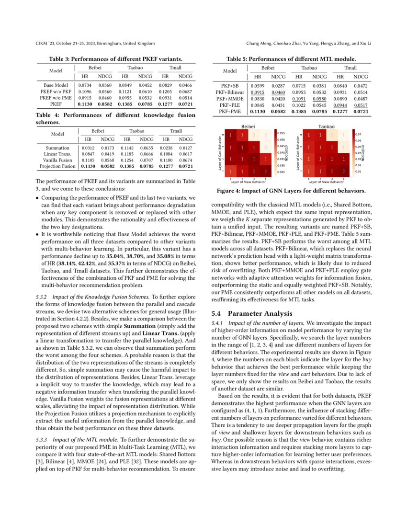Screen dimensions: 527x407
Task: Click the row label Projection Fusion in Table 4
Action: [x=57, y=166]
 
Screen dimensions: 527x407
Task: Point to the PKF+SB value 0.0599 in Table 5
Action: [x=258, y=86]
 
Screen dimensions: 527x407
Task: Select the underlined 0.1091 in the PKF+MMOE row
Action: [x=298, y=99]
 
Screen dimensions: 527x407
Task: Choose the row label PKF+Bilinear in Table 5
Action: [x=230, y=92]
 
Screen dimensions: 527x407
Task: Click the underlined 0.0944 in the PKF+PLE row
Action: [x=339, y=105]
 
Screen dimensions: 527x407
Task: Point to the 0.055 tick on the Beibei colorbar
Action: [x=281, y=133]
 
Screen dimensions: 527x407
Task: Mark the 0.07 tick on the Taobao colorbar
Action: [x=359, y=135]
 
